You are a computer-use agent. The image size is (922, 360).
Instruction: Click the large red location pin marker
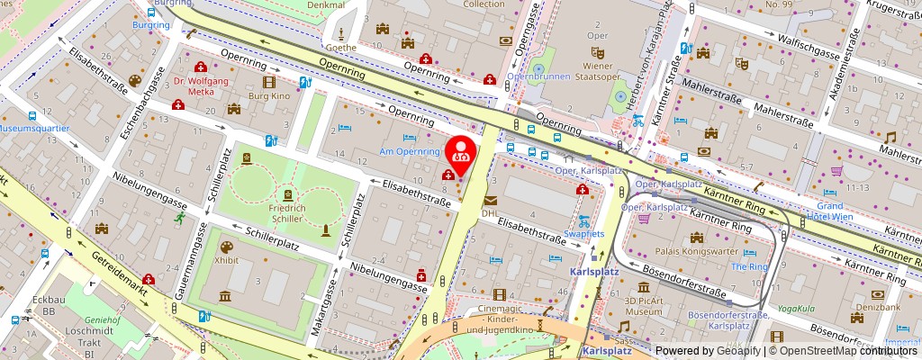(461, 153)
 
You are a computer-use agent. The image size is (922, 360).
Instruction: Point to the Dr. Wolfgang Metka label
(203, 85)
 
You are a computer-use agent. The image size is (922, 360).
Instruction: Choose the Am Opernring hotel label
(409, 151)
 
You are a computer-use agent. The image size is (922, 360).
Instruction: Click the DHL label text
(490, 213)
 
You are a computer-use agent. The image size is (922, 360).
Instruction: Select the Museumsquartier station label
(34, 129)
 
